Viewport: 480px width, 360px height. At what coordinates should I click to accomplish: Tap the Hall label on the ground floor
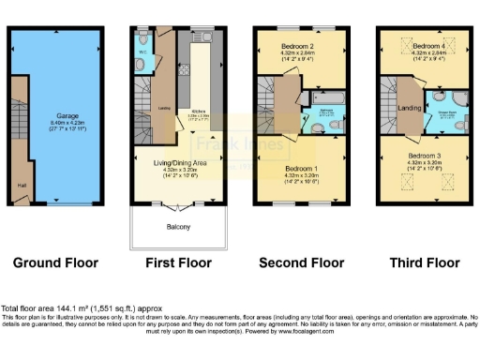tap(21, 185)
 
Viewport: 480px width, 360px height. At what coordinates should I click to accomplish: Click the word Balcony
tap(179, 228)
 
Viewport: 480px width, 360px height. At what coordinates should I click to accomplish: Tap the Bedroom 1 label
tap(302, 170)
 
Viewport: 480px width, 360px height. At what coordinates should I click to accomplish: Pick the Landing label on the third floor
tap(409, 109)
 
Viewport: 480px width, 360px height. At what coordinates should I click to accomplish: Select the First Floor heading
tap(177, 262)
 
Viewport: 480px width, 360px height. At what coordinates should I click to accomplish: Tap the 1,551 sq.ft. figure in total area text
tap(106, 308)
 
